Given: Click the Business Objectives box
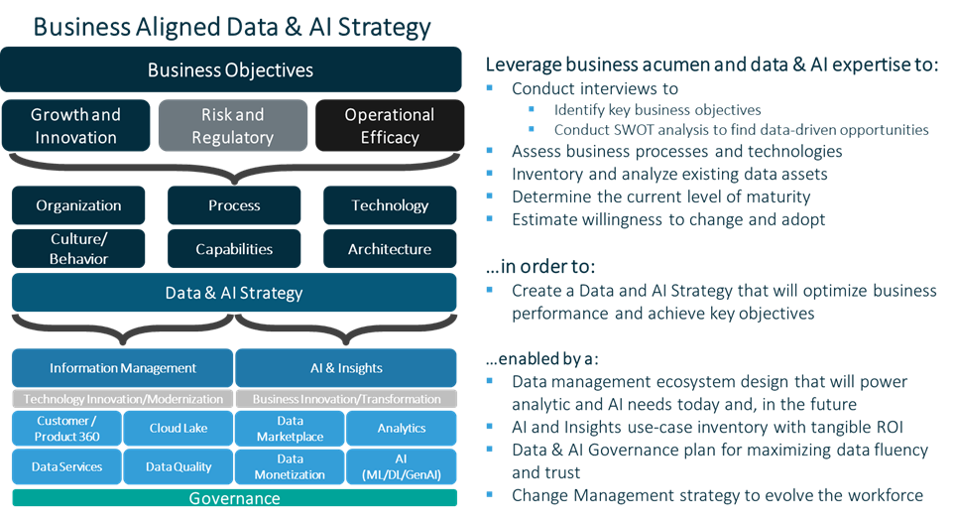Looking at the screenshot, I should pos(231,69).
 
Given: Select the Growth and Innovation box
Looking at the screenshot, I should pos(76,126).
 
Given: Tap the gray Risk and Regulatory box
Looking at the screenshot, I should pos(232,126).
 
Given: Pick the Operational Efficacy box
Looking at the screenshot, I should pos(389,126).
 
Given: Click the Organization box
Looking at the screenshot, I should pos(78,205).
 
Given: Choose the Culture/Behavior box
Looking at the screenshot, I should pos(78,249).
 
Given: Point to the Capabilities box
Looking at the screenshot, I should pos(234,249).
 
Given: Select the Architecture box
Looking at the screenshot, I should pos(389,249).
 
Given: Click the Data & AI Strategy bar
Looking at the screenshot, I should pos(234,293).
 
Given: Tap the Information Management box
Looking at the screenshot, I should pos(123,368).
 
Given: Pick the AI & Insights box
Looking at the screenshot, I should pos(346,368).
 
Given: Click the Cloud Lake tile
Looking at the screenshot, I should pos(179,428).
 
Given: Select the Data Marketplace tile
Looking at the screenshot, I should pos(290,428).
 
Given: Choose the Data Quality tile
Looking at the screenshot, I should pos(179,466).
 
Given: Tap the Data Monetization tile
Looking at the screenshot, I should pos(290,466).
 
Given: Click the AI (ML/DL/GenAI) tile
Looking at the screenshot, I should pos(402,466).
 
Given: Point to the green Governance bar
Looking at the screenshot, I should pos(234,498).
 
